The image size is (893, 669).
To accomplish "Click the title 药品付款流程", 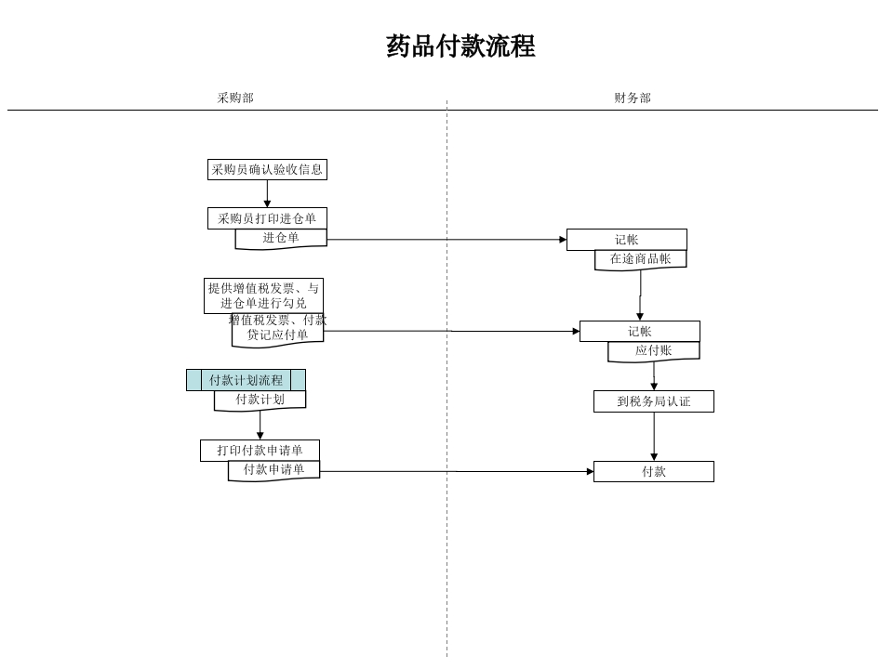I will [x=460, y=46].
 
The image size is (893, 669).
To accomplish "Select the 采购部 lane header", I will [x=235, y=98].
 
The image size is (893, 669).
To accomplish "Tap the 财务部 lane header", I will [x=633, y=98].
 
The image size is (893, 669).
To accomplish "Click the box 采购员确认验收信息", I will [x=267, y=169].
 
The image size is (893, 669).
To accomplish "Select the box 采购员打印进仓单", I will [x=267, y=218].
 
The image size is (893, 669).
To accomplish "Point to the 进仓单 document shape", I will [x=281, y=239].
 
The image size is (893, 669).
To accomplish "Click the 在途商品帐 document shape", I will [x=640, y=259].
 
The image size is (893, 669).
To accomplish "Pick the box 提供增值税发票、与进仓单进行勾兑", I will [x=263, y=295].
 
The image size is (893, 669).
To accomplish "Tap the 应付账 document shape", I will [x=653, y=351].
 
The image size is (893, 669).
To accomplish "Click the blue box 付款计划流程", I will [x=246, y=380].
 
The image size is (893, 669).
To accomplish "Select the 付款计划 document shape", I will [x=260, y=400].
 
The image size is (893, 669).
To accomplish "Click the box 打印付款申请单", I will [x=260, y=451].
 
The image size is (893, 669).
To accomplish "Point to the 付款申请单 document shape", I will [x=273, y=470].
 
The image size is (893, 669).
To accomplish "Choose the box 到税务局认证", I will [x=653, y=401].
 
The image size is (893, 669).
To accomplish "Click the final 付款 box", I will [x=653, y=472].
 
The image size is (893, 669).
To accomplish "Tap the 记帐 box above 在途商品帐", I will [x=626, y=240].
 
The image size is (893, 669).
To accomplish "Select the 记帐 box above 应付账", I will [x=639, y=332].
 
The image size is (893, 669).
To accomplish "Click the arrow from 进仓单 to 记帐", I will [x=446, y=240].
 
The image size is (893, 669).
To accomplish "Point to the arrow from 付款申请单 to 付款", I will [x=456, y=471].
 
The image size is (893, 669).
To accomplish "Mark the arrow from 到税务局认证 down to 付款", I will [x=654, y=435].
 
